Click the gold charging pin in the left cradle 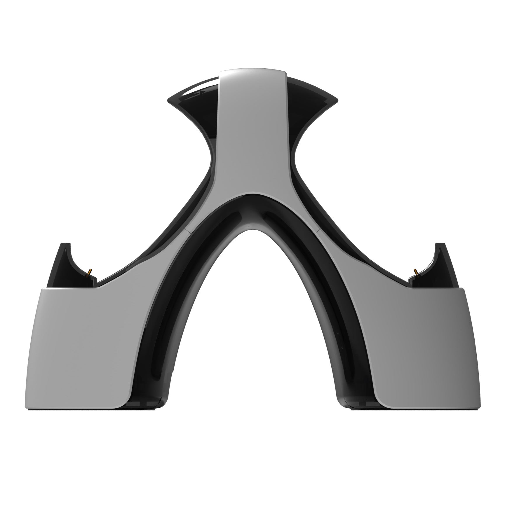(x=90, y=272)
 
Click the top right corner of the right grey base (x=463, y=288)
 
